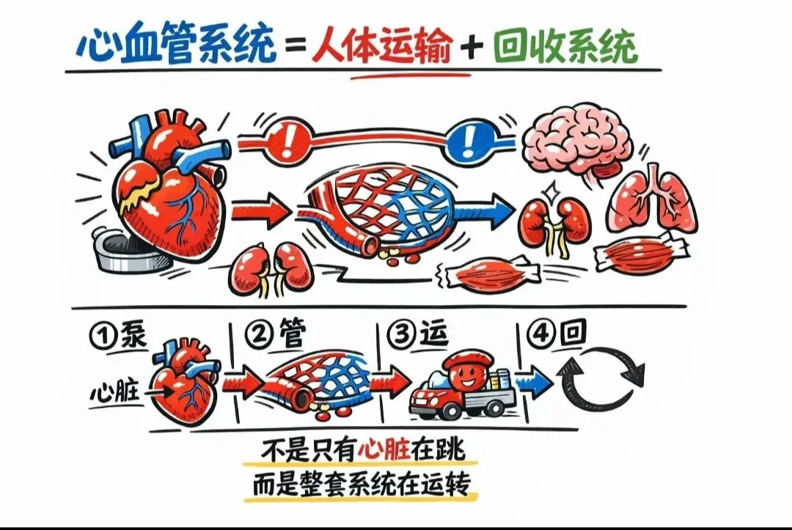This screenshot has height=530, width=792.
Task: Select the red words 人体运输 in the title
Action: coord(381,47)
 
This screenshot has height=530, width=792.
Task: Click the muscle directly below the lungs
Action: coord(644,251)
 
